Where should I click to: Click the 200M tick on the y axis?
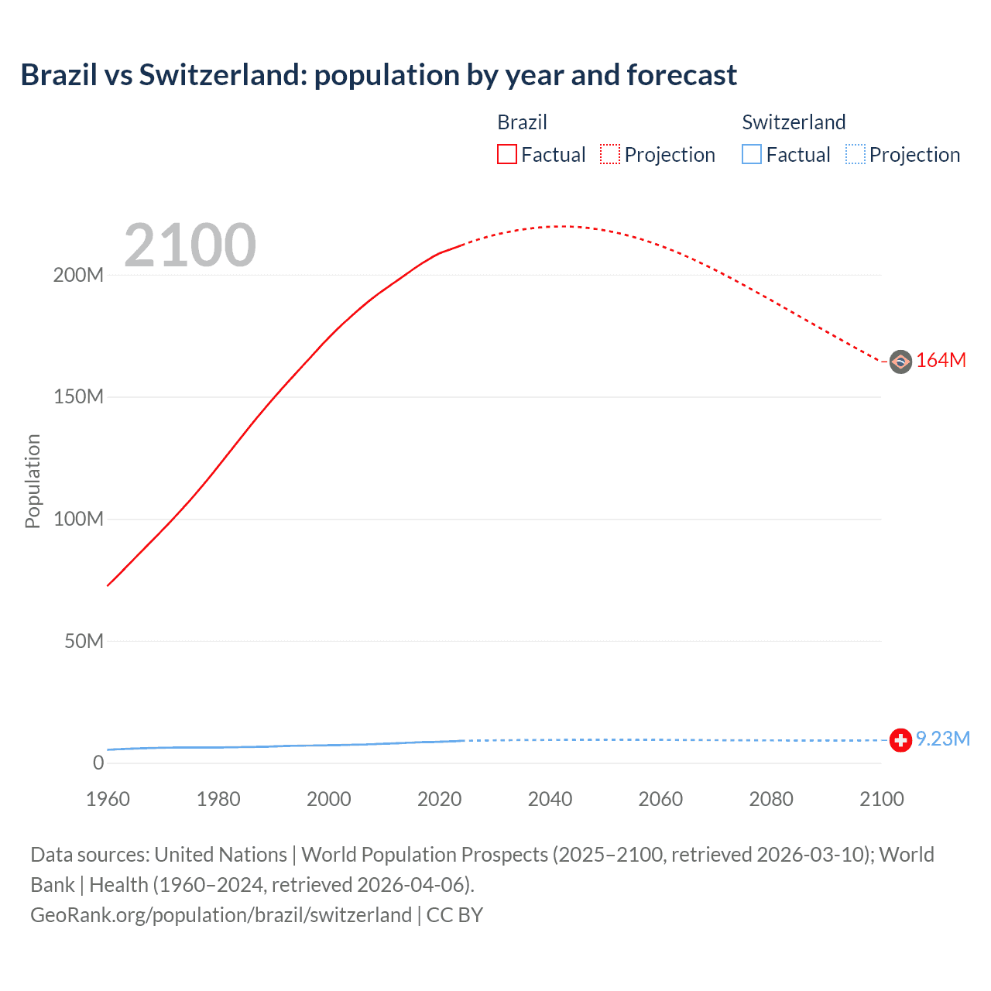[78, 276]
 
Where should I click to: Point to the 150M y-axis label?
[78, 397]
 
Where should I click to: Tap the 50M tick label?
[84, 641]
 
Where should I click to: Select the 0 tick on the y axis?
[98, 763]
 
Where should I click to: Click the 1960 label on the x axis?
[108, 799]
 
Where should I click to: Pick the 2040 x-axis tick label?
[550, 799]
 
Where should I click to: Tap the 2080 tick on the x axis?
[771, 799]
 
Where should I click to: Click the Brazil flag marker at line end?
[900, 362]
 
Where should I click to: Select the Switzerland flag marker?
[900, 740]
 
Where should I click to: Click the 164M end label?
[941, 361]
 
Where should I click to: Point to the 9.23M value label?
[942, 739]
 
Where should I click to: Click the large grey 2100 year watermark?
[190, 245]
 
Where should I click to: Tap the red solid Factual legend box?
[507, 155]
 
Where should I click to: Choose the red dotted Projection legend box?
[610, 155]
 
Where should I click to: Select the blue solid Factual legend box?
[752, 155]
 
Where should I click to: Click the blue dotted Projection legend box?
[856, 155]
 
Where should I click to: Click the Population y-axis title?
[33, 482]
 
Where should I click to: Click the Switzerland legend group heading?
[794, 122]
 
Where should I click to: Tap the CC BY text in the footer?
[454, 915]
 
